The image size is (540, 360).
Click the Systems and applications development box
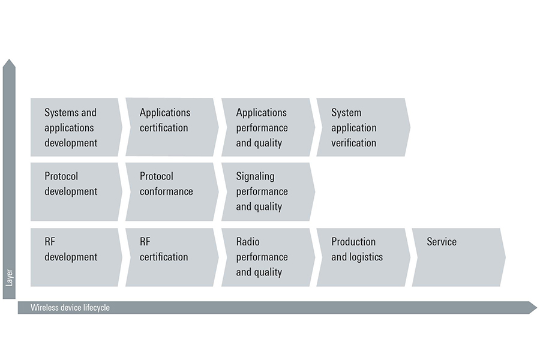75,127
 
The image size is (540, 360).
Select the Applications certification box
170,127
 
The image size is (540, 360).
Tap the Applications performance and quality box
266,127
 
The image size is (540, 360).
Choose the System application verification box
362,127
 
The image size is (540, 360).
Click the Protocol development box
75,191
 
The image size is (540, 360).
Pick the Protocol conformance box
170,191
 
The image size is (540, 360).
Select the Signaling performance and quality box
266,191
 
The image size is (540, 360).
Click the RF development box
75,257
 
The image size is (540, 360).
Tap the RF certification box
170,257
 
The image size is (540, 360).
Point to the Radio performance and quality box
266,257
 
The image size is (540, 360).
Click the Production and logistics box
362,257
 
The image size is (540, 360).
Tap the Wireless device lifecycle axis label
71,308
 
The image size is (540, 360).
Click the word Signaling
255,176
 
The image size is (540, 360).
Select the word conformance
166,191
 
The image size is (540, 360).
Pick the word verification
353,143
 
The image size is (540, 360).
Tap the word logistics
365,257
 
